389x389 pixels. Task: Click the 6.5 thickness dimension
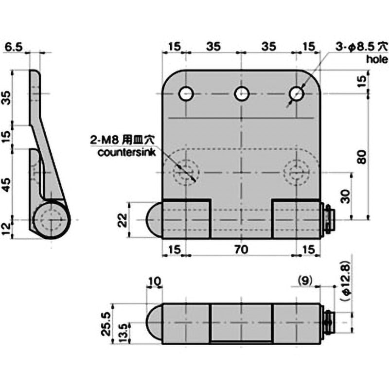pyautogui.click(x=13, y=47)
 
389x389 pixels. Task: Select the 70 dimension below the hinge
pyautogui.click(x=242, y=249)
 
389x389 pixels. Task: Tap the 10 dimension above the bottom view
pyautogui.click(x=156, y=281)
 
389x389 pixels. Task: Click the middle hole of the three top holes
pyautogui.click(x=242, y=93)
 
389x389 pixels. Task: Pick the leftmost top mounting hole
pyautogui.click(x=186, y=93)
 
